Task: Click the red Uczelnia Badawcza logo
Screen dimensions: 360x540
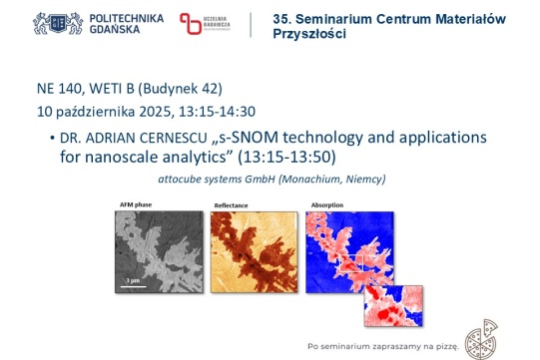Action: pos(191,24)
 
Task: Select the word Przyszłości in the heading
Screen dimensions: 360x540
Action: pos(309,35)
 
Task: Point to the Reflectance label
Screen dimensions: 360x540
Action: pos(231,204)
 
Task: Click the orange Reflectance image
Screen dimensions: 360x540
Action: pos(255,250)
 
